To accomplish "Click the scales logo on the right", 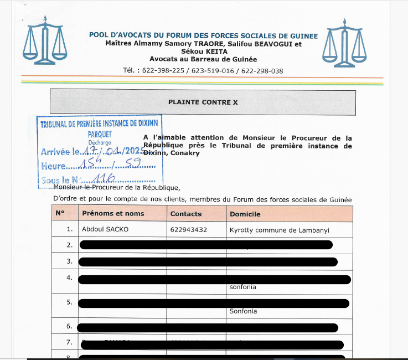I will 345,42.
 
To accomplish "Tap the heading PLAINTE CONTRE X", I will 203,102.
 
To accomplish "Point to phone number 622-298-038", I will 262,71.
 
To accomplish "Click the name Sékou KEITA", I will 204,52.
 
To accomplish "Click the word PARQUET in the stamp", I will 100,134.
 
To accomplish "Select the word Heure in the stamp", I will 53,166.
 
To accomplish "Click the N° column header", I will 60,214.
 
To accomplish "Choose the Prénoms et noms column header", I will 113,214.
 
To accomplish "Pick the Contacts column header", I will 186,214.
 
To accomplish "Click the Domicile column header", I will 245,214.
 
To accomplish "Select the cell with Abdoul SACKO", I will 105,229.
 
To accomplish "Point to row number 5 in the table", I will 69,302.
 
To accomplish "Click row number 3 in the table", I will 69,261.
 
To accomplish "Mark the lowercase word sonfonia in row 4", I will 242,287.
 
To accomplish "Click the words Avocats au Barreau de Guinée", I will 203,59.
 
